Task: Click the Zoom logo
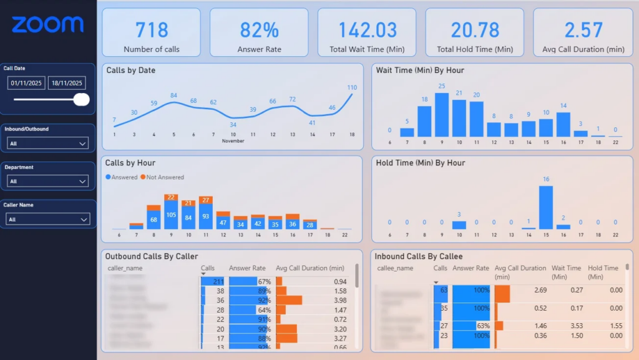(47, 24)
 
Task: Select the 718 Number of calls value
(152, 29)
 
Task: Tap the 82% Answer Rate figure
(259, 29)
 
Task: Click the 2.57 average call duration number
(583, 29)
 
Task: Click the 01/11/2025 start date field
(26, 83)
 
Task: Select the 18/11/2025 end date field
(67, 83)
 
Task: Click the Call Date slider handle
(81, 99)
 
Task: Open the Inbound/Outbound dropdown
(48, 144)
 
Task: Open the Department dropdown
(48, 182)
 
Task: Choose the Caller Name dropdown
(48, 219)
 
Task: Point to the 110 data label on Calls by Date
(352, 87)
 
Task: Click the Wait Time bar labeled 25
(442, 115)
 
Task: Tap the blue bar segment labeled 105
(170, 215)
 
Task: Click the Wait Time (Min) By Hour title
(419, 71)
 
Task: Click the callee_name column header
(395, 268)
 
